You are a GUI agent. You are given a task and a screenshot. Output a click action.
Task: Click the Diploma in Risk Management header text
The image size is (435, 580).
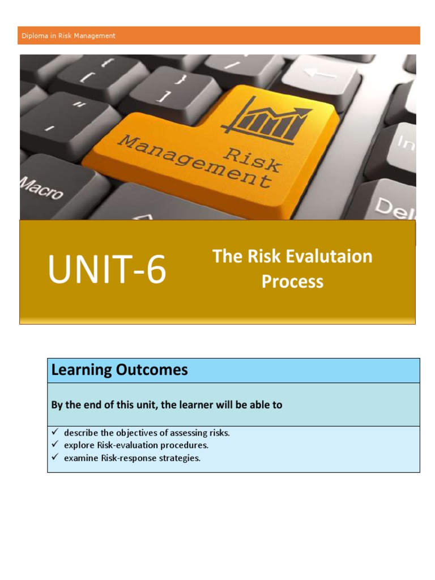point(69,36)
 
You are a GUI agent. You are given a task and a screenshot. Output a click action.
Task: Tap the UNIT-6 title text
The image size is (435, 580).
point(107,270)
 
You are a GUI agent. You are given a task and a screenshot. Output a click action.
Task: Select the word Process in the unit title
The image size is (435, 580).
point(292,282)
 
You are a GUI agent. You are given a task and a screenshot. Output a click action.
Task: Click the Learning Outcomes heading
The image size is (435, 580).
point(120,370)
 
